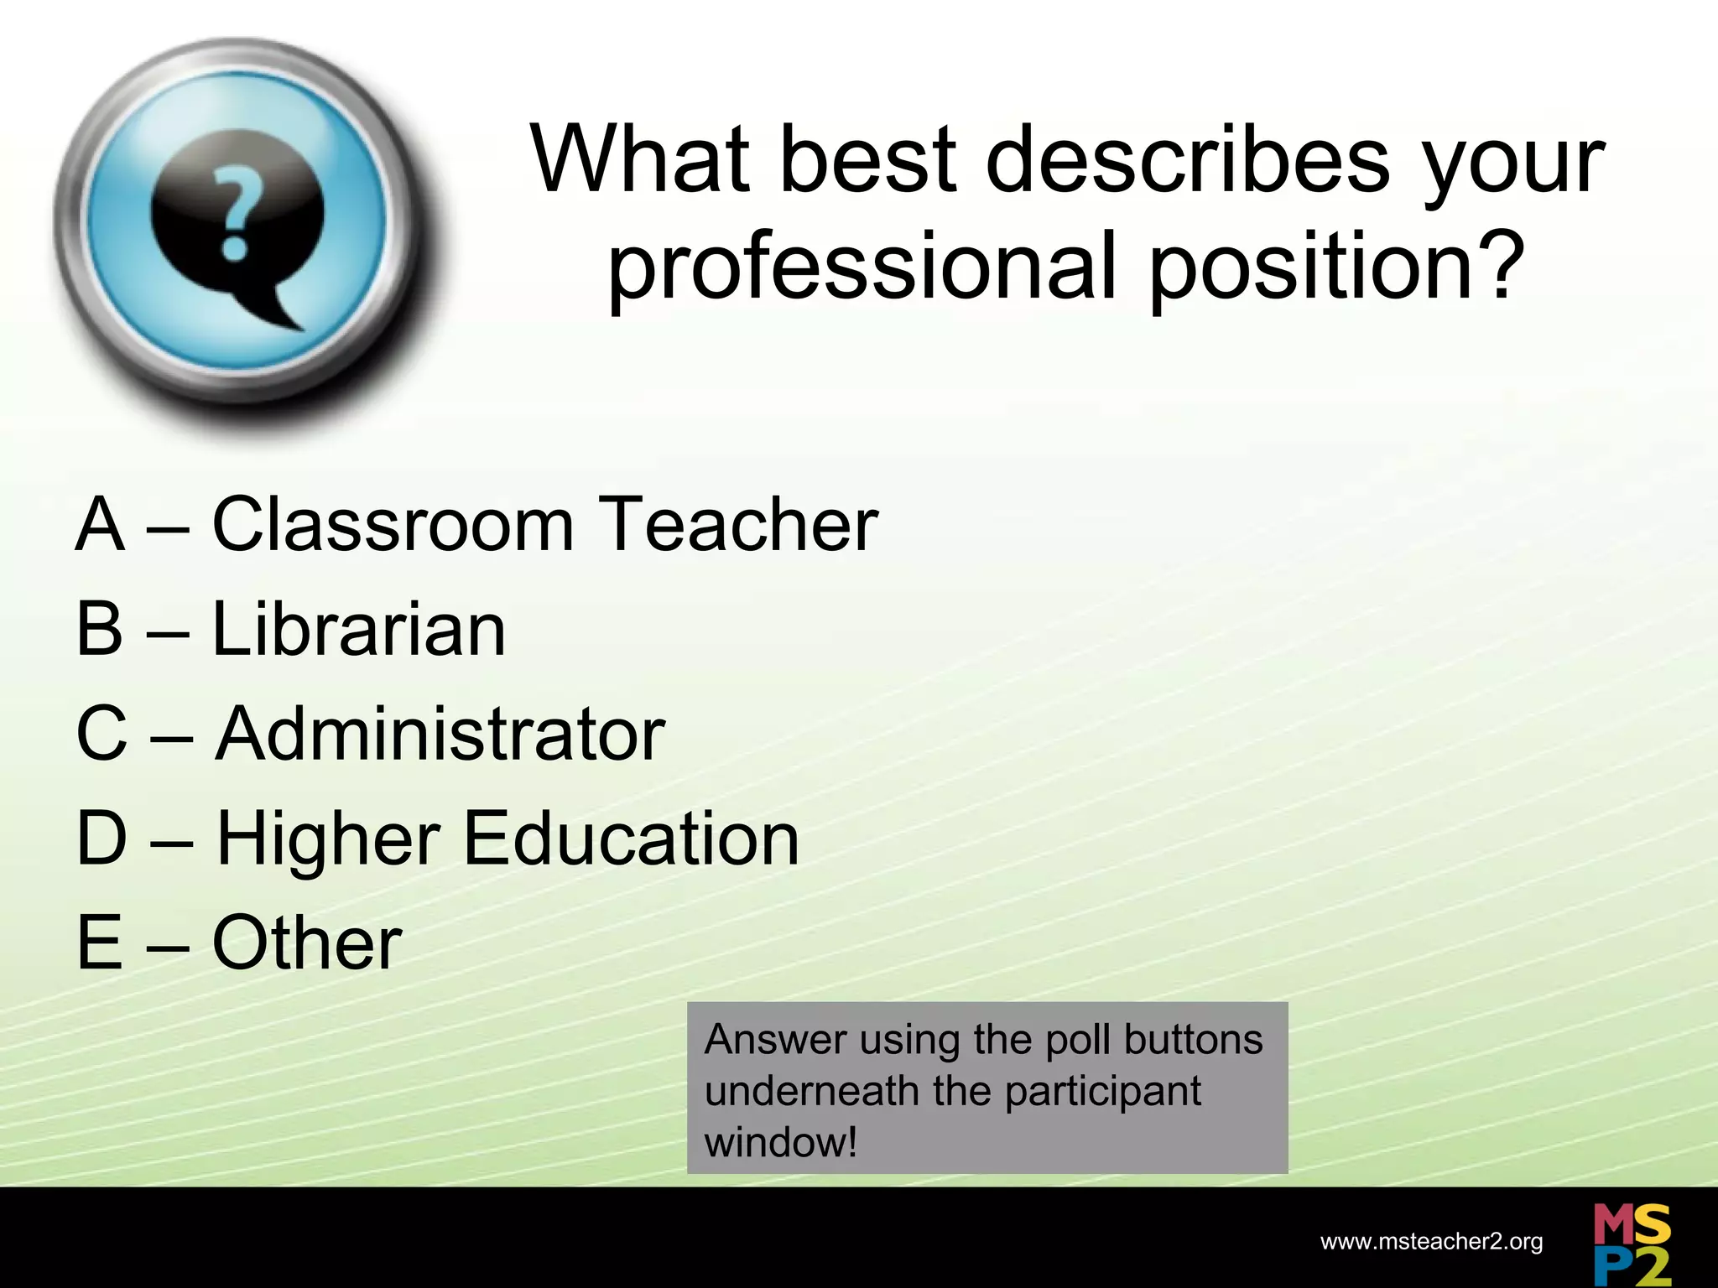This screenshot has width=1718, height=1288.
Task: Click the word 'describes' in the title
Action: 1188,159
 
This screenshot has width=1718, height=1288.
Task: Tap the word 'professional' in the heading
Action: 862,267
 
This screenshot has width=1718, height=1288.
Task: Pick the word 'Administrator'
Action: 440,734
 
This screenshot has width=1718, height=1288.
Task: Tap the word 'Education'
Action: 631,839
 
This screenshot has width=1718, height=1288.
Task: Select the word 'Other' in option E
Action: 307,943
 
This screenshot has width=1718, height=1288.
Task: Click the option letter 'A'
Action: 101,525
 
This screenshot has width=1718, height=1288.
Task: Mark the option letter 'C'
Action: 102,734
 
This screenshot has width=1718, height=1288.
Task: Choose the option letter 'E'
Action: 100,943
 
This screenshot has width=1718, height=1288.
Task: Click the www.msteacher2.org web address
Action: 1431,1242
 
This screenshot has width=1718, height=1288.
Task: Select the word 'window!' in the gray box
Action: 781,1142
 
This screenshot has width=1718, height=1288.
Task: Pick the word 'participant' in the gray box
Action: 1102,1091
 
